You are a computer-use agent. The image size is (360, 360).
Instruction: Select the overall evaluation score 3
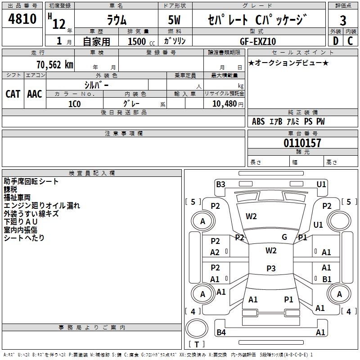(x=343, y=21)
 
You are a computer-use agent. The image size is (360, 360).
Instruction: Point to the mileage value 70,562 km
(x=53, y=64)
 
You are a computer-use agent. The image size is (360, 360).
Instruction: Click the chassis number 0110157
(x=302, y=144)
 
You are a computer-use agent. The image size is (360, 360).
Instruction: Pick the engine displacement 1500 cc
(x=136, y=41)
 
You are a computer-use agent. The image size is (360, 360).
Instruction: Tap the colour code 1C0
(x=74, y=103)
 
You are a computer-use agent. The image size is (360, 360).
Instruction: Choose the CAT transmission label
(x=13, y=94)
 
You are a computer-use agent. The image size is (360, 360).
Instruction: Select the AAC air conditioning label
(x=35, y=94)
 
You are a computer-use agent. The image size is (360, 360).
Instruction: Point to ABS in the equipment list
(x=258, y=121)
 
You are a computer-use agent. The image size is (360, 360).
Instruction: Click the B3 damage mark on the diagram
(x=220, y=184)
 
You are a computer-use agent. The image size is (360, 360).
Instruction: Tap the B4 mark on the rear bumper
(x=221, y=333)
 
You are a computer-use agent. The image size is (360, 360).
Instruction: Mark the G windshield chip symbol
(x=284, y=237)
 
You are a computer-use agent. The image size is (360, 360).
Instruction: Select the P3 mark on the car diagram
(x=271, y=268)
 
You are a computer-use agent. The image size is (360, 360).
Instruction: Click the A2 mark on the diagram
(x=215, y=252)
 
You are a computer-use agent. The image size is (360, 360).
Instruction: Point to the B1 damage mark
(x=327, y=279)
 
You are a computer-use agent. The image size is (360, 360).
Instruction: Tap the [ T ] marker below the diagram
(x=197, y=344)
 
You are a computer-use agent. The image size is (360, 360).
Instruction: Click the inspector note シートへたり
(x=24, y=238)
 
